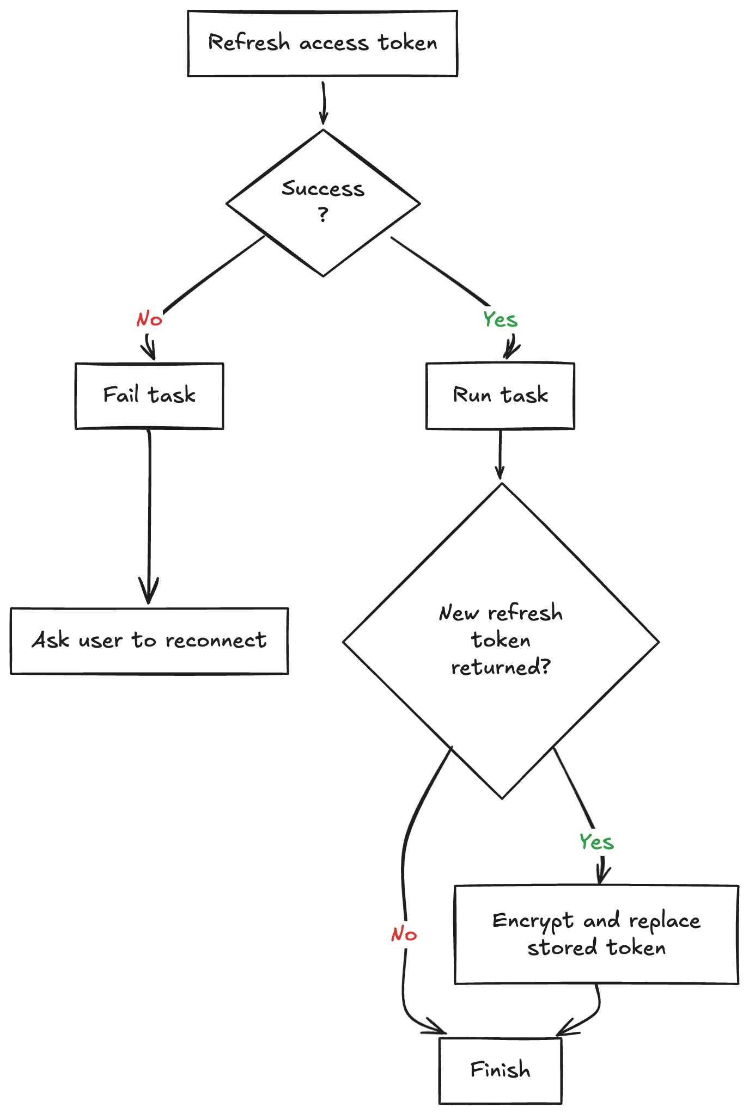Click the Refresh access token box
tap(322, 44)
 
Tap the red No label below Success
tap(149, 319)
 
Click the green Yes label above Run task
tap(500, 319)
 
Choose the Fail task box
tap(149, 396)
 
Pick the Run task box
tap(500, 396)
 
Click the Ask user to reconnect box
tap(149, 641)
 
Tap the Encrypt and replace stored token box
tap(596, 934)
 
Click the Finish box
tap(500, 1070)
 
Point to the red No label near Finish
tap(404, 934)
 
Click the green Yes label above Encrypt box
tap(596, 842)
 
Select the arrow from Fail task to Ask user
tap(149, 517)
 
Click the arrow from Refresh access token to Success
tap(324, 103)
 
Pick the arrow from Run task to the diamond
tap(500, 454)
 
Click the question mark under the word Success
tap(323, 214)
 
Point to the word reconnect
tap(216, 641)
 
